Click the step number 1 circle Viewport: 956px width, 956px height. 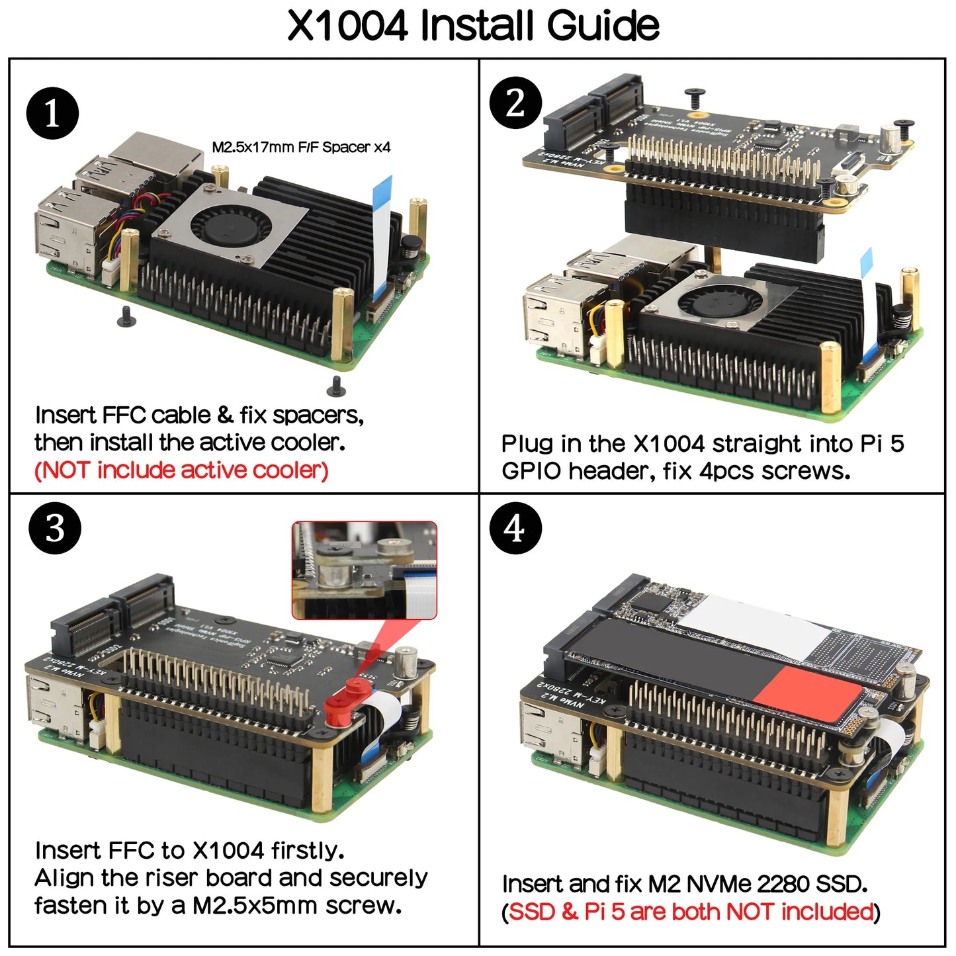point(52,113)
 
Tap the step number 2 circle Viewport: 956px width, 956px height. point(515,103)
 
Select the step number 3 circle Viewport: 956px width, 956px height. point(55,529)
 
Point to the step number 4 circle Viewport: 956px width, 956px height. point(515,529)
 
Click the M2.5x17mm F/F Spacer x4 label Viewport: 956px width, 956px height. point(301,148)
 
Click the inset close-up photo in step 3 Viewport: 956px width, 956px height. point(365,570)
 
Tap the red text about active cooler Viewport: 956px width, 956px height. point(181,470)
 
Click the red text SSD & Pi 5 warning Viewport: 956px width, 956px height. point(691,912)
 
